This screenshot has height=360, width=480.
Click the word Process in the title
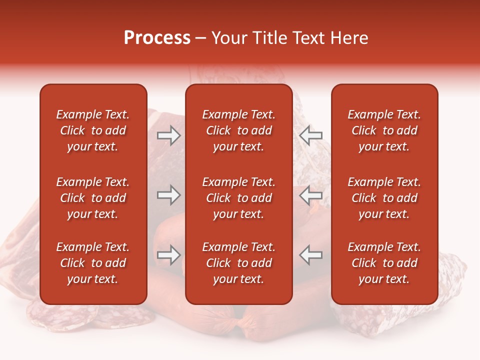(157, 38)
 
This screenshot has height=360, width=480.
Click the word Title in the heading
(270, 38)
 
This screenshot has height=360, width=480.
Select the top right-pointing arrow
(168, 135)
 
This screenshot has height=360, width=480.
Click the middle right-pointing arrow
(168, 195)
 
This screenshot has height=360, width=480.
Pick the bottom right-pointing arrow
(168, 255)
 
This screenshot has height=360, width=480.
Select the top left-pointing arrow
(311, 135)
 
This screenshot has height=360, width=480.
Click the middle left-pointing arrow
(311, 195)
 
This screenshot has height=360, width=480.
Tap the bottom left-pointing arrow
(311, 255)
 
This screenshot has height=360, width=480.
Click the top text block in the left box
(93, 130)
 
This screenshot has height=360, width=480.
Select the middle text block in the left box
(93, 198)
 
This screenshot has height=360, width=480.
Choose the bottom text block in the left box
(93, 263)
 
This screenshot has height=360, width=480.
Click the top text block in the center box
(238, 130)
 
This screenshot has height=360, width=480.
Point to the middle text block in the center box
(238, 198)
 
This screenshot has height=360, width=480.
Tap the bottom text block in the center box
(238, 263)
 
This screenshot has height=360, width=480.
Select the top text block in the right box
(384, 130)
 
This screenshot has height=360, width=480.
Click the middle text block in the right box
(384, 198)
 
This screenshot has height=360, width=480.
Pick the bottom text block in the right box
(384, 263)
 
